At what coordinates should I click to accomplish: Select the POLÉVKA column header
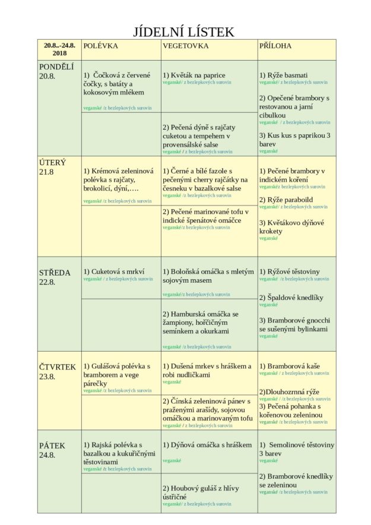(x=101, y=46)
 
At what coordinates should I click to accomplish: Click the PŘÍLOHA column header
(x=275, y=46)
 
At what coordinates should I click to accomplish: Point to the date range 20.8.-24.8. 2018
(x=59, y=49)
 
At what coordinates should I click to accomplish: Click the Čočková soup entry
(x=118, y=84)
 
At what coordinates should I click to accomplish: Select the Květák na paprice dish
(x=195, y=75)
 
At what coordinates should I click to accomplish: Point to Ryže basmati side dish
(x=284, y=75)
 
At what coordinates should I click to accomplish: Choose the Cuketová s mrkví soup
(x=114, y=271)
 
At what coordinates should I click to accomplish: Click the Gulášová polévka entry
(x=117, y=375)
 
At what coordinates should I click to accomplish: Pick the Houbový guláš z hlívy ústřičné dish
(x=201, y=492)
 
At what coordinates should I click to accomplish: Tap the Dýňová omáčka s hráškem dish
(x=203, y=445)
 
